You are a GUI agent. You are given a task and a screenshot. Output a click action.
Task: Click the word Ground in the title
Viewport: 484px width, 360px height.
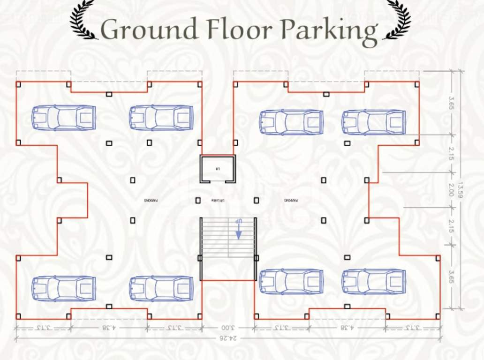150,30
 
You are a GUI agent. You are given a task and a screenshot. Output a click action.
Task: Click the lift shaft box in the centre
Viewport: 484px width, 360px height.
218,169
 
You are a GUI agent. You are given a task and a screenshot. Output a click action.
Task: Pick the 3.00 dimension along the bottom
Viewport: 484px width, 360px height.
228,327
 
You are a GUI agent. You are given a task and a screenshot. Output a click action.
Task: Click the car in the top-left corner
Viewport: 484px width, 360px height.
64,118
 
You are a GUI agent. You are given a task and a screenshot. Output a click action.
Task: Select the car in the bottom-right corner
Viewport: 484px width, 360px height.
374,282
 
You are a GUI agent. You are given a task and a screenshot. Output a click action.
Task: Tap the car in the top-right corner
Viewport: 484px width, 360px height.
374,122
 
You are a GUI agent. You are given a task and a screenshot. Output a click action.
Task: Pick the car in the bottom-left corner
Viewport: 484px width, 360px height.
64,288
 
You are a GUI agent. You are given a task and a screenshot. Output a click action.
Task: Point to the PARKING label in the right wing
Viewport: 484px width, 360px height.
291,200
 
